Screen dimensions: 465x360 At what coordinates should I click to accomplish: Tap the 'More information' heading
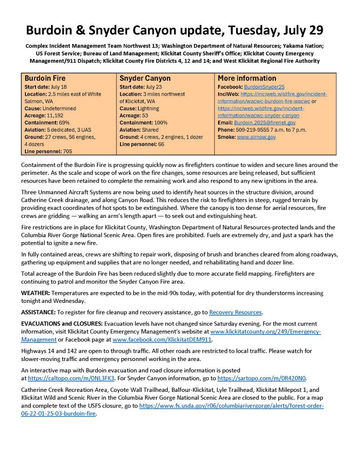247,79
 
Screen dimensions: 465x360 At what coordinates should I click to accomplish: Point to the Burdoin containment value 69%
65,123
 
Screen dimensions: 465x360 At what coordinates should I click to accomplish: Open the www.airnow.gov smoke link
256,137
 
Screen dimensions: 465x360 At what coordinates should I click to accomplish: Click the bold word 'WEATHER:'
36,293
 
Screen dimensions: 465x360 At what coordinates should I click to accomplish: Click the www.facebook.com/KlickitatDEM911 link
162,339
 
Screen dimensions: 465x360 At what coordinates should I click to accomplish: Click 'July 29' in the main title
298,30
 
